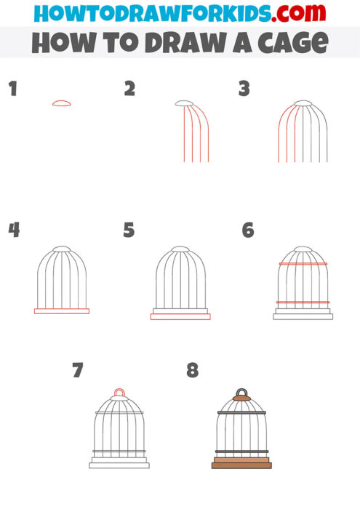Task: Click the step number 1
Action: [12, 89]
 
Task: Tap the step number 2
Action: [129, 89]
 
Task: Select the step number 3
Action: [244, 89]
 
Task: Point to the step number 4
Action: [13, 231]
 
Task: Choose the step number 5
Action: [129, 231]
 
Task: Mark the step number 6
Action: [247, 231]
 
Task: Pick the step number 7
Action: [78, 371]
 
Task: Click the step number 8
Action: [192, 371]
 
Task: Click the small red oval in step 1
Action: [62, 103]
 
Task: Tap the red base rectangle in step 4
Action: [62, 311]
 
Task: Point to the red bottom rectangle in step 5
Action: [180, 317]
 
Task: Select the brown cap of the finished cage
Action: [241, 397]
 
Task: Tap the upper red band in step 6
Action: [303, 264]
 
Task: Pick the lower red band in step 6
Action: [303, 302]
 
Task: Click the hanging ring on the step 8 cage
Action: [241, 391]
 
